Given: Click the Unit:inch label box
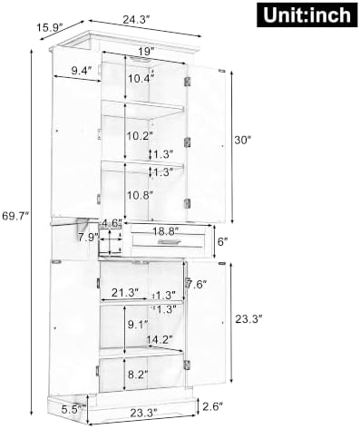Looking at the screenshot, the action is pos(307,15).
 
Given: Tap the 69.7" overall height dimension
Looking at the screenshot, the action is pos(15,216).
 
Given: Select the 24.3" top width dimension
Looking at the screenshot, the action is pos(136,20).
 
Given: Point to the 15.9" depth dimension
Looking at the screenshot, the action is pos(50,28).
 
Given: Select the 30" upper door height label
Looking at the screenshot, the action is pos(243,140).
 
